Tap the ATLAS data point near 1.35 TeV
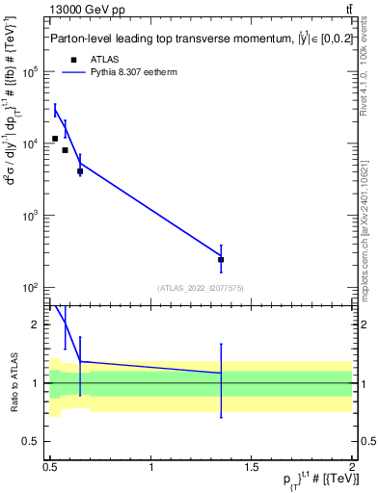coord(221,259)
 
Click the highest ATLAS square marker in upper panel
coord(55,139)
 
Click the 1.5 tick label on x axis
coord(253,467)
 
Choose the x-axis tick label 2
coord(352,467)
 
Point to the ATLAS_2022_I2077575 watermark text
coord(202,288)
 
